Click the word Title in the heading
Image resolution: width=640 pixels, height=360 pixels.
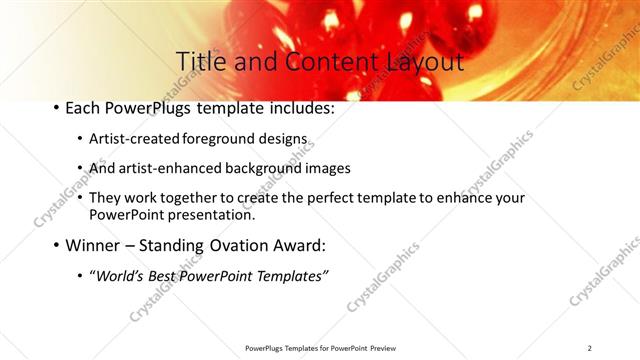(x=200, y=62)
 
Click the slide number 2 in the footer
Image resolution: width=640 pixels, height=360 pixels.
(x=590, y=348)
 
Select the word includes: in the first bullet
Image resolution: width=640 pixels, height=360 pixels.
(x=299, y=108)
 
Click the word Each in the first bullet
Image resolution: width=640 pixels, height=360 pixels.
(x=84, y=108)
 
